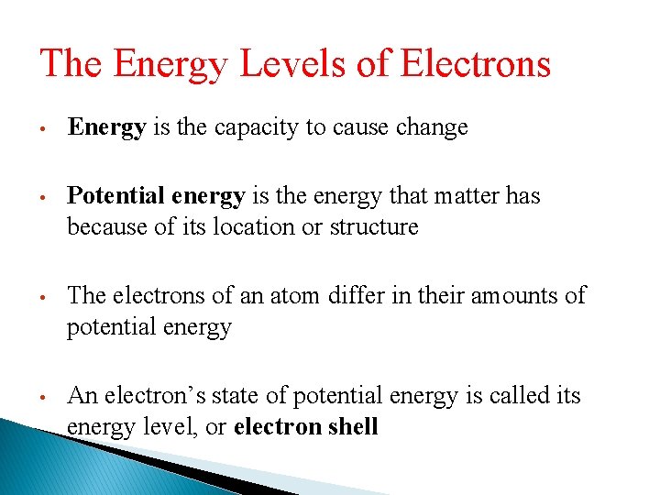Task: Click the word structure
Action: (x=375, y=226)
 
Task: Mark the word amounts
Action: (x=521, y=295)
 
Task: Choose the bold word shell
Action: (x=354, y=427)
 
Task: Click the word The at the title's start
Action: (x=71, y=64)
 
